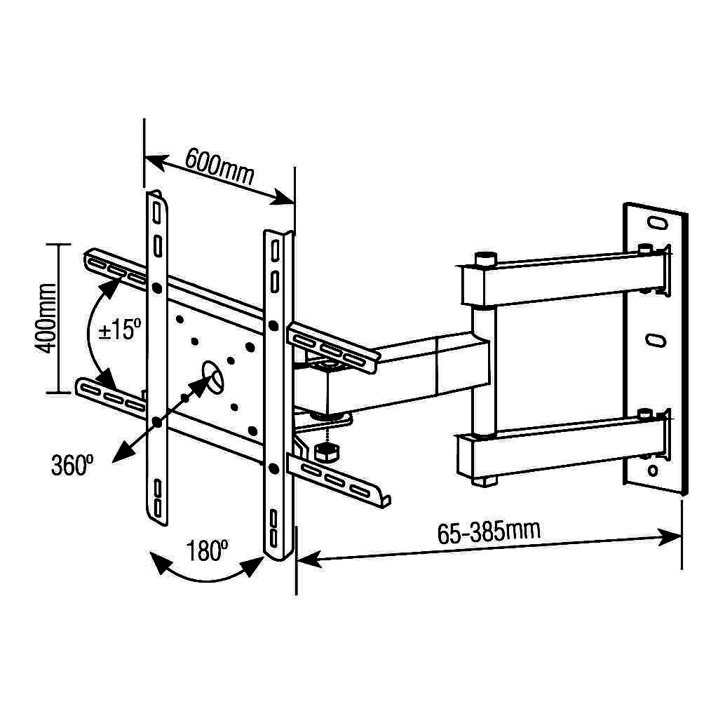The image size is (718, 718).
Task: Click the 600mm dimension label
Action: (x=219, y=166)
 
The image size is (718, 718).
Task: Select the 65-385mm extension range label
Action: (x=489, y=531)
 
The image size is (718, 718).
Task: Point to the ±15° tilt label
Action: (x=120, y=330)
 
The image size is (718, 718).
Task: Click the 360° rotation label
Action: (x=72, y=465)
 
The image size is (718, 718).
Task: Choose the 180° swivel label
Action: (x=208, y=550)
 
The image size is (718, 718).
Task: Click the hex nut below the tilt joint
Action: (x=327, y=452)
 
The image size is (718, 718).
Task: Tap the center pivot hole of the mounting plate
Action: (x=212, y=377)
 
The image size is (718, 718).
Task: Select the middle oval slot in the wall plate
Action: (x=656, y=340)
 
